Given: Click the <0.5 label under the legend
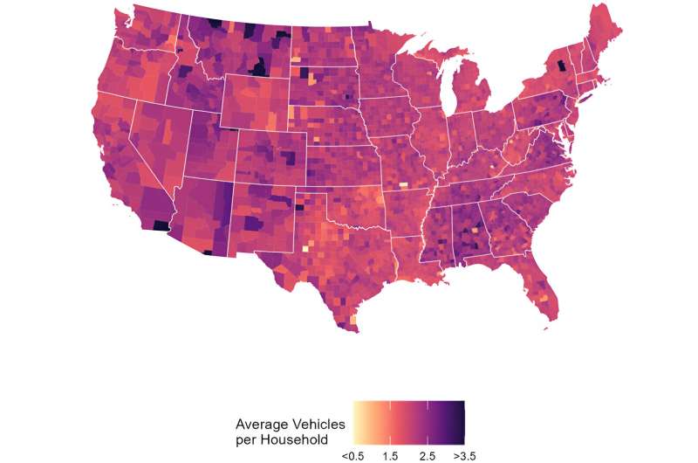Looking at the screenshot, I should (353, 455).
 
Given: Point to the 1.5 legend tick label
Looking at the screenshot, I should (391, 455).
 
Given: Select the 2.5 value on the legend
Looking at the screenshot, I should (428, 455).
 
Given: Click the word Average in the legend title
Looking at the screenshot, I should (263, 424).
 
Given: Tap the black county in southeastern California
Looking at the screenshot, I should (161, 225).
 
